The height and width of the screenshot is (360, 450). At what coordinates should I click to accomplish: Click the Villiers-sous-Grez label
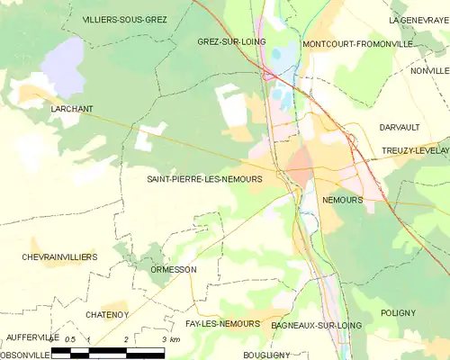pos(124,19)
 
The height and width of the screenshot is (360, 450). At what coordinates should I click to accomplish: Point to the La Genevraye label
pos(418,19)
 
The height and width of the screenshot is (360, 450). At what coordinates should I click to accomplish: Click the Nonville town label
pos(429,70)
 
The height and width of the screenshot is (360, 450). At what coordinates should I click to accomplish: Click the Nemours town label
pos(342,200)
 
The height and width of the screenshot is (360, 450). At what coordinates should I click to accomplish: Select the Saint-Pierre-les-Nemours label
pos(204,179)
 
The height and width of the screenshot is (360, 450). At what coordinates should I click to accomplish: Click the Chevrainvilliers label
pos(58,256)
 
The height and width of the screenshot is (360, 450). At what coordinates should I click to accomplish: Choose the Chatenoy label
pos(110,313)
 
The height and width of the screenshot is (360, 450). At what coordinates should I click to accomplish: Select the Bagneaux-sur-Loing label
pos(316,323)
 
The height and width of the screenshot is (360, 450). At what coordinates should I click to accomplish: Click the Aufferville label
pos(31,337)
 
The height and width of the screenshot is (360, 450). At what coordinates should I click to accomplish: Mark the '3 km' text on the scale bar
pos(169,338)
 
